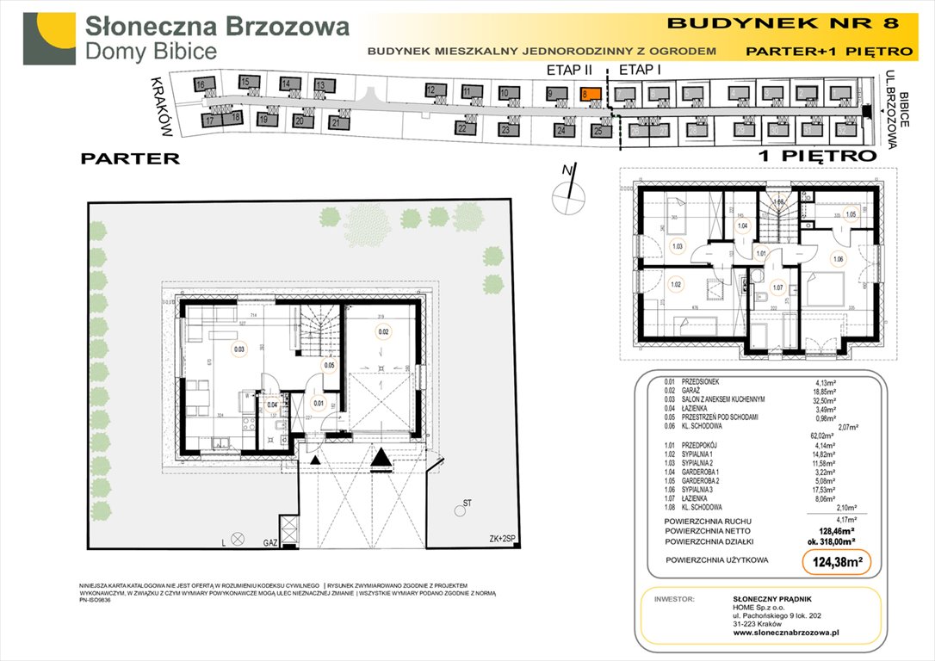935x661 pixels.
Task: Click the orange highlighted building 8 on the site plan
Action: point(589,96)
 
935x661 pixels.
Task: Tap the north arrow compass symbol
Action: point(567,194)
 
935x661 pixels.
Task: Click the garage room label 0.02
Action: point(383,330)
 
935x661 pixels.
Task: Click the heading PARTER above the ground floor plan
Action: point(130,158)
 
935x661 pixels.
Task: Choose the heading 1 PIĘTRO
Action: point(817,156)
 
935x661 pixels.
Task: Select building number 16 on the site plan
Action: point(200,85)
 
